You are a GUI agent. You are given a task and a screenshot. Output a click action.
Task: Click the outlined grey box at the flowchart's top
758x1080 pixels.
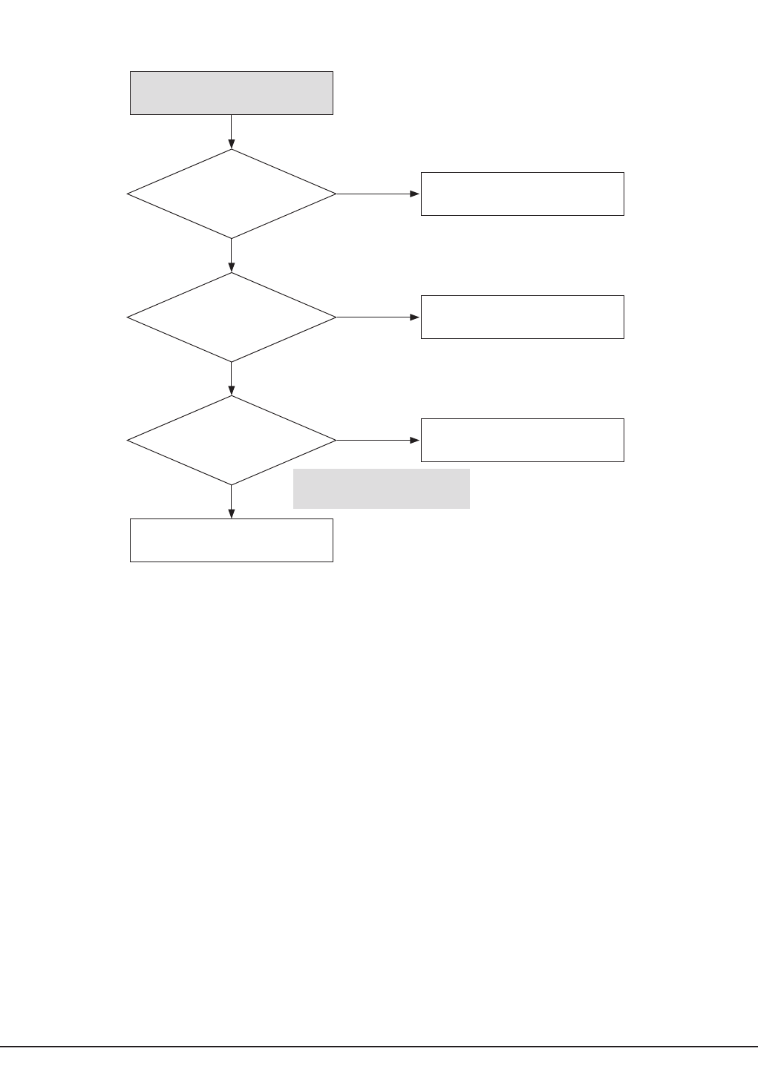(231, 93)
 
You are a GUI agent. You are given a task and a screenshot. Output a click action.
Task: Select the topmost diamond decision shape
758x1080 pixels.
(231, 194)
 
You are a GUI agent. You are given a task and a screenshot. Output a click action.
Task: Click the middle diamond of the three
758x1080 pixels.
(231, 317)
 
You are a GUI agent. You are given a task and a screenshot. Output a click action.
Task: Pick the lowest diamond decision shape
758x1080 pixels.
(231, 440)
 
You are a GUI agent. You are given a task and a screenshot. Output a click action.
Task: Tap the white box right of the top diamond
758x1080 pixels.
(522, 194)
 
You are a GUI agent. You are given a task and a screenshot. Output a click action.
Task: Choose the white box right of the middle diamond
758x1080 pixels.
(522, 317)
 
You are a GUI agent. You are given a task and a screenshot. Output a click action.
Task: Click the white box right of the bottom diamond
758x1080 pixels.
(522, 440)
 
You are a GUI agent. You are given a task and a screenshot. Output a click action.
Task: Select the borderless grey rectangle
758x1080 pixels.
(381, 488)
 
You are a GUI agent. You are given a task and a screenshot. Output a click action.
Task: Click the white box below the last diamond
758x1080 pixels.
(231, 540)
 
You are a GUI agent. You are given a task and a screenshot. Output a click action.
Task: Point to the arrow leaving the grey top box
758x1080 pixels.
(231, 131)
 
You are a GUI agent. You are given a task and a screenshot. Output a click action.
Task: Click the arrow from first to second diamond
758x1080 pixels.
(231, 255)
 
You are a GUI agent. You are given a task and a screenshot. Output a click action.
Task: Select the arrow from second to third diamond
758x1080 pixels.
(231, 378)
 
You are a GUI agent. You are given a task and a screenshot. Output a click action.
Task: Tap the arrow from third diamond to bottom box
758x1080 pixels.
(231, 501)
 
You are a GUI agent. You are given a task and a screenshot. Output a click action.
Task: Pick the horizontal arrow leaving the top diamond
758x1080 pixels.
(378, 194)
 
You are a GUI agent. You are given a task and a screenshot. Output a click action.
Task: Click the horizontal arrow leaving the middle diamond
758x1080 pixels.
(378, 317)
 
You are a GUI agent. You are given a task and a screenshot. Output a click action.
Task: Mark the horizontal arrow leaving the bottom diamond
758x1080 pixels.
(378, 440)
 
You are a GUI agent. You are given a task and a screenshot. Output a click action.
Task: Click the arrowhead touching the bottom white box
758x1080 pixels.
(231, 513)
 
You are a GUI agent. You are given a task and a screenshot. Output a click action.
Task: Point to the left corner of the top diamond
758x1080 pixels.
(128, 194)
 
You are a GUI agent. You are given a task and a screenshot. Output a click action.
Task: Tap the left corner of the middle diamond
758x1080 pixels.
(128, 317)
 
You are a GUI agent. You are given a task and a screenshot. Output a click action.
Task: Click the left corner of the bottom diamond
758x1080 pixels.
(128, 440)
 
